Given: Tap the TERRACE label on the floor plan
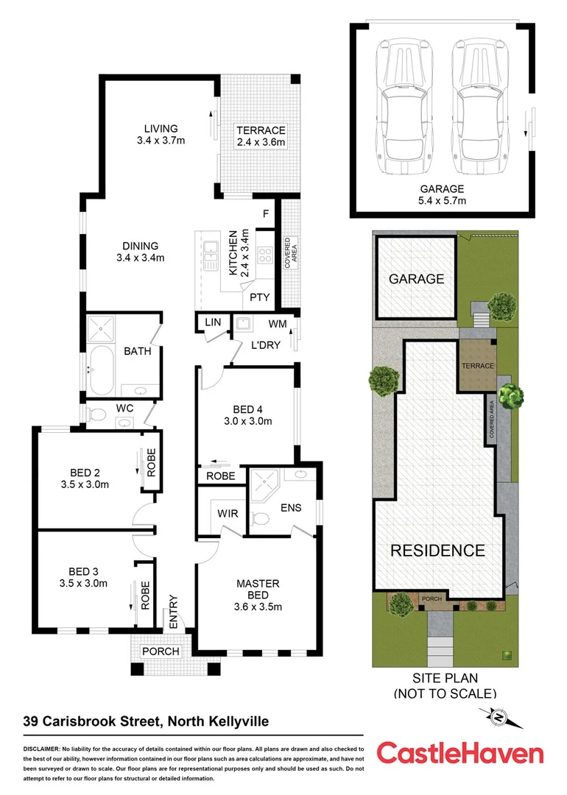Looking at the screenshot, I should [260, 131].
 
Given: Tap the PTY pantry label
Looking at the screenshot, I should [259, 297].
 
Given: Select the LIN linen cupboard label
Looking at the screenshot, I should [213, 322].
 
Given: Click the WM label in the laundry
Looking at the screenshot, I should [278, 323].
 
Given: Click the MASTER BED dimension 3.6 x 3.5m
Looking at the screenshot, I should [258, 607].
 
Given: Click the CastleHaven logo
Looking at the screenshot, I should [460, 753].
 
